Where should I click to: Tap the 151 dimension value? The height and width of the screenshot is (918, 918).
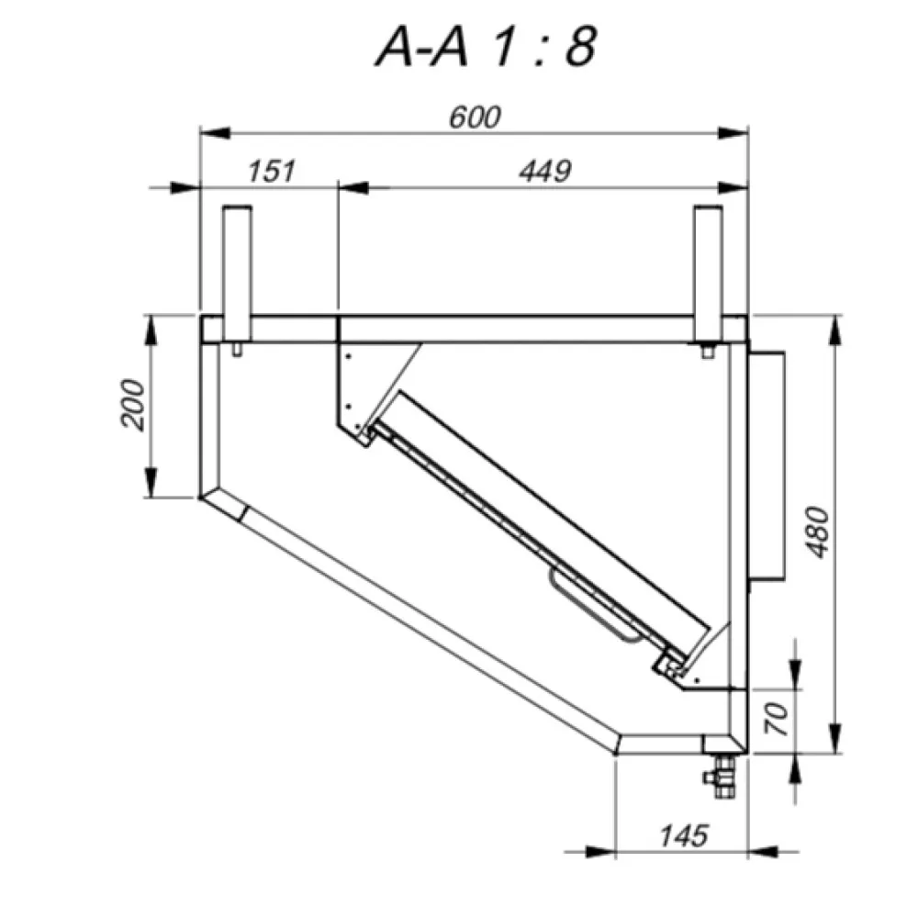point(271,171)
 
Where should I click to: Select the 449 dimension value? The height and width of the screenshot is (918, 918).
point(545,171)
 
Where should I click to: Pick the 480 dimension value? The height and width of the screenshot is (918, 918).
point(819,532)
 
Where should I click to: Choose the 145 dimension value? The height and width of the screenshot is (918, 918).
point(684,835)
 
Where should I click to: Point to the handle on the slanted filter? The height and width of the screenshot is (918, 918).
point(598,606)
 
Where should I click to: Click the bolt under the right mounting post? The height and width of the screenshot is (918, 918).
point(708,352)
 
